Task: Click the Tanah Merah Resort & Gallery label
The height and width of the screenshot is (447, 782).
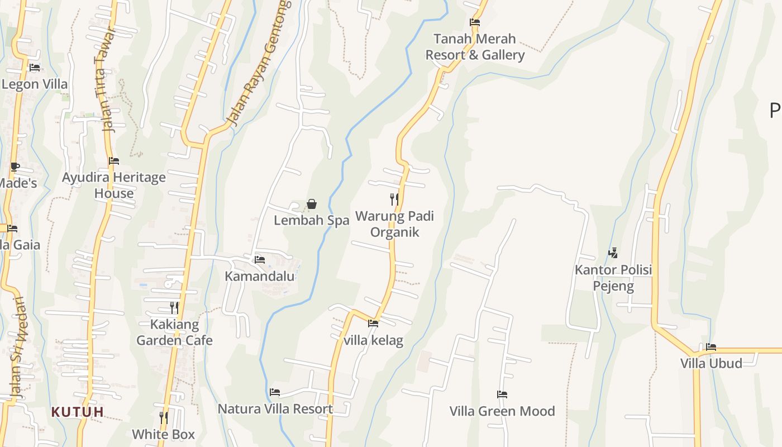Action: tap(475, 47)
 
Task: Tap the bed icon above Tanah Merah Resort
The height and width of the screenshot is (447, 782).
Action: tap(475, 23)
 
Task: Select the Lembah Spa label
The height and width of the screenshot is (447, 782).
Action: tap(311, 220)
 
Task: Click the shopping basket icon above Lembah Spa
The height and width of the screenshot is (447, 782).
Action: tap(312, 205)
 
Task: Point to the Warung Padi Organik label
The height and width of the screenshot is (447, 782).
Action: tap(394, 224)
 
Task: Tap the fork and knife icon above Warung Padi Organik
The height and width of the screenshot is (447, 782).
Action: tap(394, 199)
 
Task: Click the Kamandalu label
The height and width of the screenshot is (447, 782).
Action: tap(259, 276)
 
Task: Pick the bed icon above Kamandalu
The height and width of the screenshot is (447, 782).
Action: tap(259, 259)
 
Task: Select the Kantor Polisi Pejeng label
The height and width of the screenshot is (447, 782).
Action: tap(613, 278)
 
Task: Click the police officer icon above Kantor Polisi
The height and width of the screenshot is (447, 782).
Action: tap(613, 253)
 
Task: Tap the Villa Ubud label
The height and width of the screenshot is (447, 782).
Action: tap(711, 363)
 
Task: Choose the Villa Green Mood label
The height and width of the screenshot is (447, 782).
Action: tap(502, 411)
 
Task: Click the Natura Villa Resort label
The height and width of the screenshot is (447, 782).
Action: tap(275, 408)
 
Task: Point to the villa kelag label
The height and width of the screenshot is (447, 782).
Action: tap(373, 340)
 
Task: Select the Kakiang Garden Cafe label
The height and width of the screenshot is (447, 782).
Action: tap(174, 332)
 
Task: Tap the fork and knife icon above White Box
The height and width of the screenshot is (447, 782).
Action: tap(163, 417)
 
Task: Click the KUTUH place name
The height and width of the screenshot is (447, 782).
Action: tap(78, 412)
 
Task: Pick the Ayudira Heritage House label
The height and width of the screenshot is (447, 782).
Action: tap(114, 186)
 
